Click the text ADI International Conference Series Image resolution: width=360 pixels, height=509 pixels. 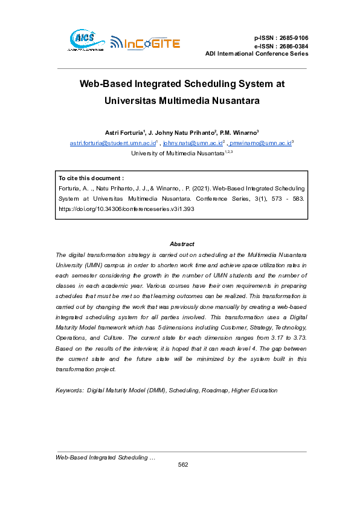(257, 54)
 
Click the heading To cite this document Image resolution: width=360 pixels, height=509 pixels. (91, 178)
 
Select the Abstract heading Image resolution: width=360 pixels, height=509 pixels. (182, 244)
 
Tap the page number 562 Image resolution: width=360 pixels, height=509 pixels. (182, 464)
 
